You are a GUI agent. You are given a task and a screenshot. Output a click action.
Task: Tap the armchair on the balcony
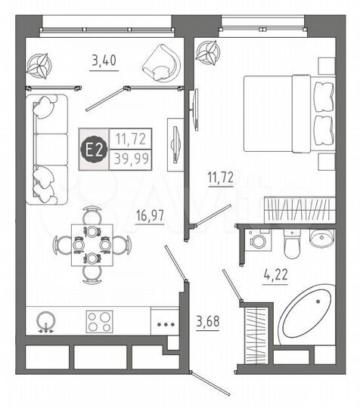160,60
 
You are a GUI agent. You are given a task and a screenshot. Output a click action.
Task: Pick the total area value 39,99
131,158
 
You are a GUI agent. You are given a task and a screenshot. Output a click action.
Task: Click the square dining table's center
92,246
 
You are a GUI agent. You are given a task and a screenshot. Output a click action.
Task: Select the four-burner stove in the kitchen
101,320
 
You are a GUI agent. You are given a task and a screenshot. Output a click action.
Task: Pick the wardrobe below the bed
296,209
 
